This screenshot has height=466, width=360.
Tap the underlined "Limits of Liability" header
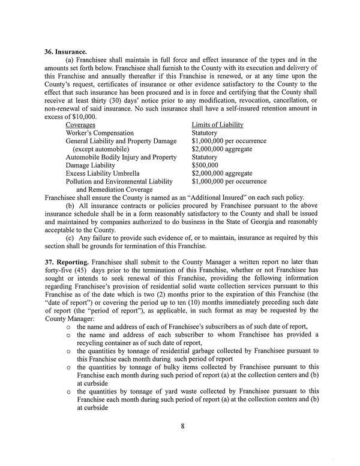(217, 124)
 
